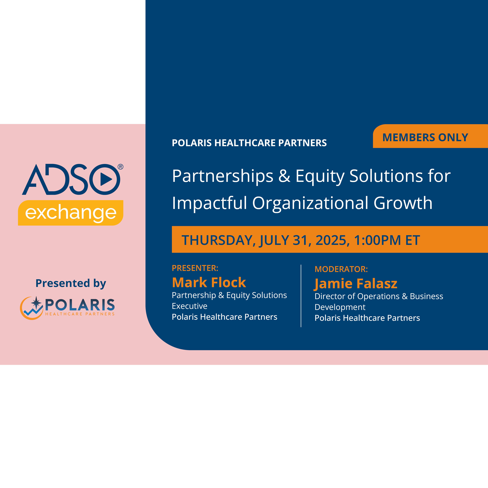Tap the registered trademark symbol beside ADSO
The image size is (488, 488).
(x=120, y=167)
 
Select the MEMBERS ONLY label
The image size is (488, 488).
(x=425, y=137)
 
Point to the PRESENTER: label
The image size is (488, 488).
(x=195, y=268)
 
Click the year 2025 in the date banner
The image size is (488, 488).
(x=332, y=240)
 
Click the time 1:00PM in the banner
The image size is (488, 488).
(x=377, y=240)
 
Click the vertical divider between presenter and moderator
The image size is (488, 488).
(x=301, y=296)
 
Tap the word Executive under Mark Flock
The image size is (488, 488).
(x=189, y=306)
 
